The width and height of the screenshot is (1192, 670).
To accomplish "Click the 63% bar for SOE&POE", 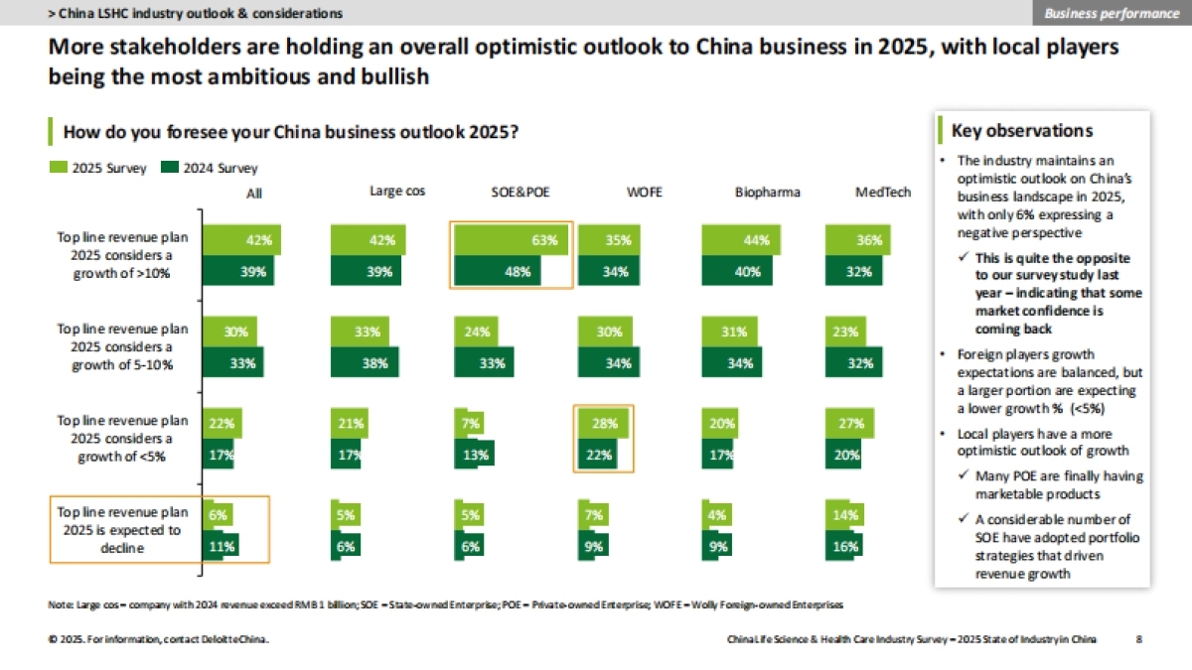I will (513, 239).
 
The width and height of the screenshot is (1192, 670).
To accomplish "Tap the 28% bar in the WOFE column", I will (602, 423).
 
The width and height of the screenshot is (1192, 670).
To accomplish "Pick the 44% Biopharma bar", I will (739, 239).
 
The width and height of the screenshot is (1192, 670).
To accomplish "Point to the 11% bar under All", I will (223, 546).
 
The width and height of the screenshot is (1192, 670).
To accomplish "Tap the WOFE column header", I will (644, 193).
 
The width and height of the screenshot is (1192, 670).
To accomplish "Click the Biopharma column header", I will (767, 193).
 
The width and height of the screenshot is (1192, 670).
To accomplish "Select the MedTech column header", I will (882, 193).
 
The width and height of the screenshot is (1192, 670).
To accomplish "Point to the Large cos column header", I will (397, 192).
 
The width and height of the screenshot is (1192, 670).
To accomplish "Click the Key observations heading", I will (1021, 131).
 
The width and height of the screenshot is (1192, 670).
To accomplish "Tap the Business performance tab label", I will (1110, 13).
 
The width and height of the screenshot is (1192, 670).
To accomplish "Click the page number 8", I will (1138, 640).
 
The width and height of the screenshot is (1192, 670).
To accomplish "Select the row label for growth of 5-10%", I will (121, 346).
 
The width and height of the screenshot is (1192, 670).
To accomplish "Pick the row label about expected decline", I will (121, 530).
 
